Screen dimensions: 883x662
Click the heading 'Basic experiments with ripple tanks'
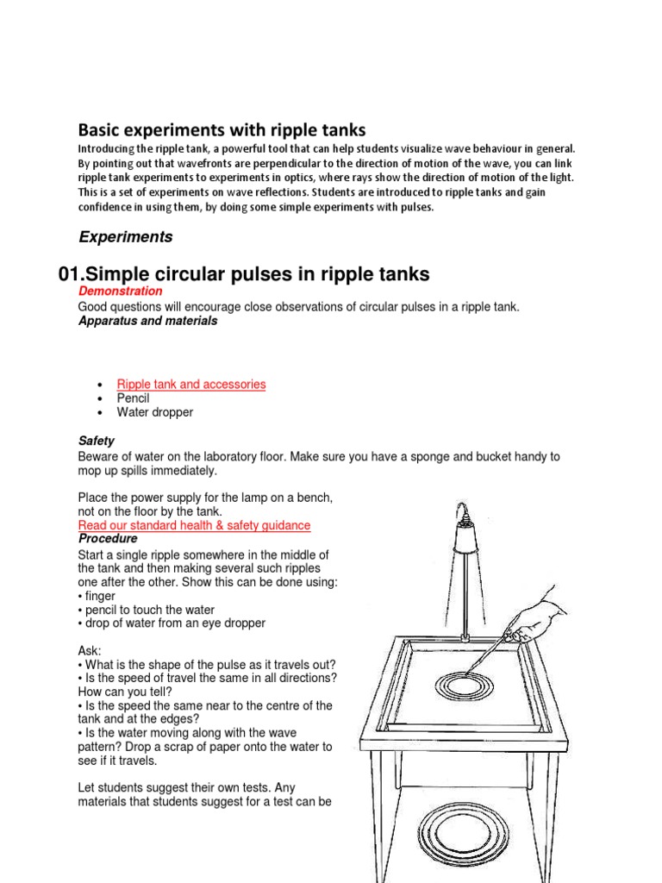click(222, 130)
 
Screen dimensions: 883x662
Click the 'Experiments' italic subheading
click(126, 237)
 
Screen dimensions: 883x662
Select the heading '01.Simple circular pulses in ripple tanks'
click(243, 274)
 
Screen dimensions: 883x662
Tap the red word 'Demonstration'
click(120, 291)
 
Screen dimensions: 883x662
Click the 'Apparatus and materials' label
click(147, 321)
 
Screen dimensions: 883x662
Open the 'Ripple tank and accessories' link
click(191, 385)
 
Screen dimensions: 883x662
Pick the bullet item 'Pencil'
click(133, 398)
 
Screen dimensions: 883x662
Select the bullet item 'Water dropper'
click(155, 412)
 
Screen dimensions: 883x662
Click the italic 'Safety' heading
click(96, 441)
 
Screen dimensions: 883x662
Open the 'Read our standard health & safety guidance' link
click(194, 525)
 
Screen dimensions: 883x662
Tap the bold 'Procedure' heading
click(108, 539)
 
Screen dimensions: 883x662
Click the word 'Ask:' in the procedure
click(90, 650)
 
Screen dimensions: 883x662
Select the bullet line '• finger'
click(97, 596)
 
